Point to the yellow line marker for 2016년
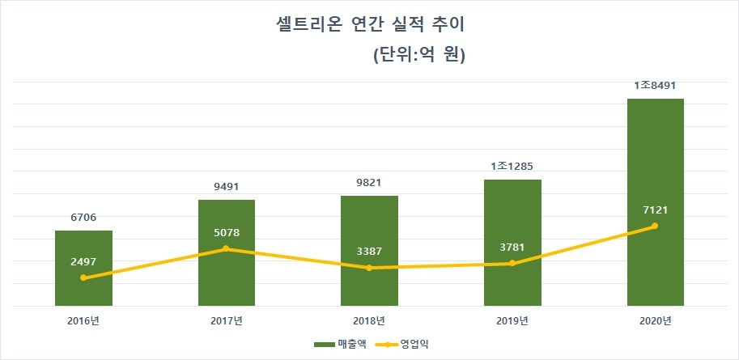tap(83, 277)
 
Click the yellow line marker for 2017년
tap(227, 248)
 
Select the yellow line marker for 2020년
tap(656, 226)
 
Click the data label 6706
tap(83, 218)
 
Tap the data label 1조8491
tap(656, 85)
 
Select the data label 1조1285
tap(512, 167)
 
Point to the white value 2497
tap(83, 261)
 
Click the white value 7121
tap(656, 210)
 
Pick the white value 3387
tap(369, 252)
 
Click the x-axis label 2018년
tap(369, 321)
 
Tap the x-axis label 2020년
tap(656, 321)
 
